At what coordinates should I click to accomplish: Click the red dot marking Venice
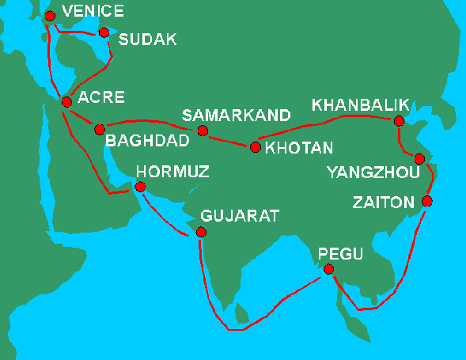click(51, 16)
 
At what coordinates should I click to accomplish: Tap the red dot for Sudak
click(104, 32)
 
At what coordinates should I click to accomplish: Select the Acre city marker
click(67, 100)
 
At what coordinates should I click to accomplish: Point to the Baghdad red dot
click(100, 129)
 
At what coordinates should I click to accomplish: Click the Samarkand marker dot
click(203, 131)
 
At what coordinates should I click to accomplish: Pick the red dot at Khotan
click(255, 147)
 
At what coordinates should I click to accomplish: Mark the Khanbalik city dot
click(399, 121)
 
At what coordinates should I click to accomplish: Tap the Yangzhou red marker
click(419, 159)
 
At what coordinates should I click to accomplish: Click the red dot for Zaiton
click(427, 201)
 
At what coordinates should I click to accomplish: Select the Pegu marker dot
click(329, 270)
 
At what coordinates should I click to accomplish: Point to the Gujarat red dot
click(201, 233)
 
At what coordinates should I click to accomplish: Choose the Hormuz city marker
click(140, 188)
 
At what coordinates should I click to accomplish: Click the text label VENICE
click(93, 11)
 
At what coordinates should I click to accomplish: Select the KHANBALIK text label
click(359, 104)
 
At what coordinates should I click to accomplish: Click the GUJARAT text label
click(240, 215)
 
